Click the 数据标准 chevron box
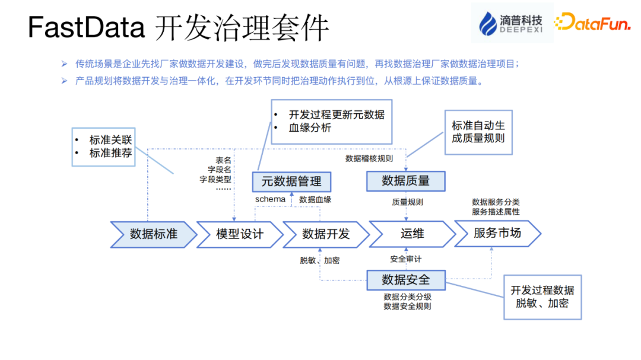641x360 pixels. tap(153, 234)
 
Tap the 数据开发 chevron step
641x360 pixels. tap(326, 234)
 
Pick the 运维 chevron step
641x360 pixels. tap(411, 234)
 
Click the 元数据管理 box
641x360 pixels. tap(291, 181)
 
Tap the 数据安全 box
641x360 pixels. tap(405, 279)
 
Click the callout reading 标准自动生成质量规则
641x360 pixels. tap(478, 132)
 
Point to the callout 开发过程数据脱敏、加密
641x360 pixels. tap(542, 297)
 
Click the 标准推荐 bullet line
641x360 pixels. tap(110, 153)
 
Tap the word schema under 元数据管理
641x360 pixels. tap(270, 200)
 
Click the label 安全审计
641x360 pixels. tap(405, 259)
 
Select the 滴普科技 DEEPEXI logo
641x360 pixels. tap(511, 23)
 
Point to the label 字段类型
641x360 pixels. tap(215, 179)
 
